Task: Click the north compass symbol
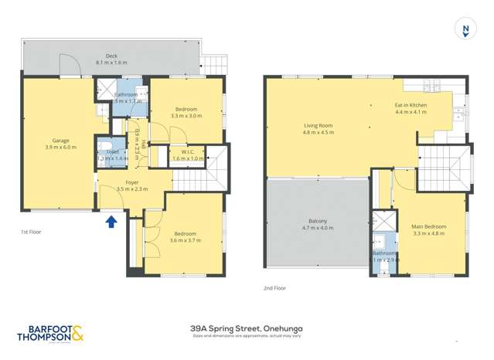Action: [465, 30]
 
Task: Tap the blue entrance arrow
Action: [111, 222]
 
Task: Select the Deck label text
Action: [111, 58]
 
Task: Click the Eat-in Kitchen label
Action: [411, 104]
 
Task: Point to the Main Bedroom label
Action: [429, 226]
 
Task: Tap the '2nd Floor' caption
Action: [274, 287]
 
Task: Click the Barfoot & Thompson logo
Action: [49, 333]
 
